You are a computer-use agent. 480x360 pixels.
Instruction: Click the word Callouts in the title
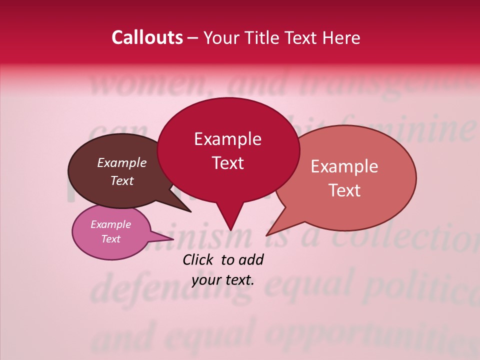147,37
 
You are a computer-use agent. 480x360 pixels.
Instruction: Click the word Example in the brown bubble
122,162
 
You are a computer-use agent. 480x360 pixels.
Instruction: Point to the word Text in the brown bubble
122,180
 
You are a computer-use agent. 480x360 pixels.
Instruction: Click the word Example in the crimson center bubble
227,139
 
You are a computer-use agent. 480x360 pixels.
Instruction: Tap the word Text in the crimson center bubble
227,163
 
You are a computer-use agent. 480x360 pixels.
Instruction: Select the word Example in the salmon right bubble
344,166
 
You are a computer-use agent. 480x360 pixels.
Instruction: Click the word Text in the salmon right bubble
344,190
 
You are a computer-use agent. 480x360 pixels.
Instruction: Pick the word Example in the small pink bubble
110,224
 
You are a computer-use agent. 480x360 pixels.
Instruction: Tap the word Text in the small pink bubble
110,239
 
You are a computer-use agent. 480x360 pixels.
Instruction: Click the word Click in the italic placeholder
199,259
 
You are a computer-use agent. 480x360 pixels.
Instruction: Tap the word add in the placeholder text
251,259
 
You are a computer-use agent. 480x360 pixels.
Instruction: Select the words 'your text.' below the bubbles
223,280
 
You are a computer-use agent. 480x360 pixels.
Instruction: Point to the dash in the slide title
193,38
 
